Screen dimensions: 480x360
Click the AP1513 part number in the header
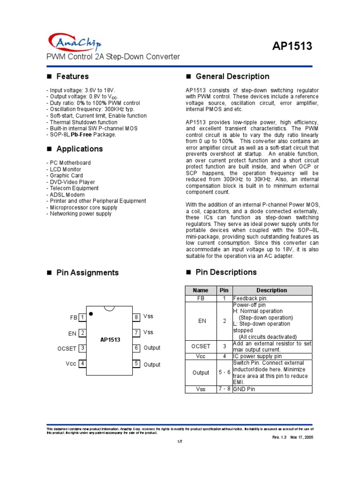tap(292, 46)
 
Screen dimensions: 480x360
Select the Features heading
tap(72, 76)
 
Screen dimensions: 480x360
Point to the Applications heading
tap(79, 149)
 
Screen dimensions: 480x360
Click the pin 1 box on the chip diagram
tap(82, 317)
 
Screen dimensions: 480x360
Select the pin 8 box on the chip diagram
tap(136, 317)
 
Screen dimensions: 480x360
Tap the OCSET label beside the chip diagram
tap(67, 348)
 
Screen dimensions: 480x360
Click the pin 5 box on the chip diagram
tap(136, 363)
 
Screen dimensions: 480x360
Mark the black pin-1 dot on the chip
tap(91, 313)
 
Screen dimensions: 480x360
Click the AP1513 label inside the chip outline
tap(110, 339)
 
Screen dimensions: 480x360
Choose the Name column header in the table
tap(201, 290)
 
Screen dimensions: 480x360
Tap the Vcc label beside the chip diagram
tap(71, 364)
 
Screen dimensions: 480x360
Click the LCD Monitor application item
tap(65, 169)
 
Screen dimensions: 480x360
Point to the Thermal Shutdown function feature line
tap(83, 122)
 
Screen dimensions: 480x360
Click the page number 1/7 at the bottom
tap(179, 442)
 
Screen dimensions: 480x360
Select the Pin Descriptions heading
tap(226, 272)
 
